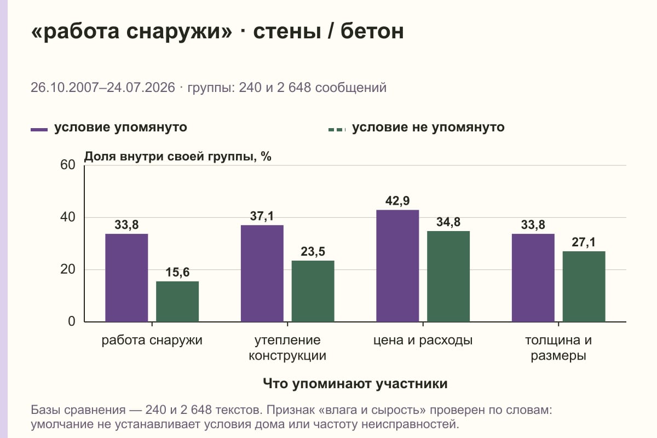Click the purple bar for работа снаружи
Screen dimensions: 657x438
(x=126, y=278)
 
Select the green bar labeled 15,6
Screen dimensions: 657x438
(x=177, y=301)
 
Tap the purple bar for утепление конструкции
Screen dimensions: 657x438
(x=262, y=273)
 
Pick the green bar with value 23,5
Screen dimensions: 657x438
(x=313, y=291)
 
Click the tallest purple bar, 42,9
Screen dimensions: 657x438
(x=397, y=266)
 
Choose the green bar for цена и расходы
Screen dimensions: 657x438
(x=448, y=276)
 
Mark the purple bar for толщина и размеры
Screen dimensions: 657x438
(x=533, y=278)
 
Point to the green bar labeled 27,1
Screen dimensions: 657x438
(x=584, y=286)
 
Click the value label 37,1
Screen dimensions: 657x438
(x=262, y=216)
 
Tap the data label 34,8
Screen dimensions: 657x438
(x=448, y=222)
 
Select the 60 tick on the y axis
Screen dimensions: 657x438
(x=68, y=165)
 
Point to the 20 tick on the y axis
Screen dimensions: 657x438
(x=68, y=269)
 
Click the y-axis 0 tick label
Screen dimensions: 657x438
(x=72, y=321)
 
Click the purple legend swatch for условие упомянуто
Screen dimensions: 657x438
(x=39, y=130)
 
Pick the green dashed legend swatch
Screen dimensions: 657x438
(x=337, y=130)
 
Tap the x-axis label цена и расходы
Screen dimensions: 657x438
(x=423, y=341)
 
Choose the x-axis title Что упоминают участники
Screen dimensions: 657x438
(x=355, y=383)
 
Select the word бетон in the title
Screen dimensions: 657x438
(x=372, y=31)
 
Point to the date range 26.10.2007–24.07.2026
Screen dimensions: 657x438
(x=103, y=88)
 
